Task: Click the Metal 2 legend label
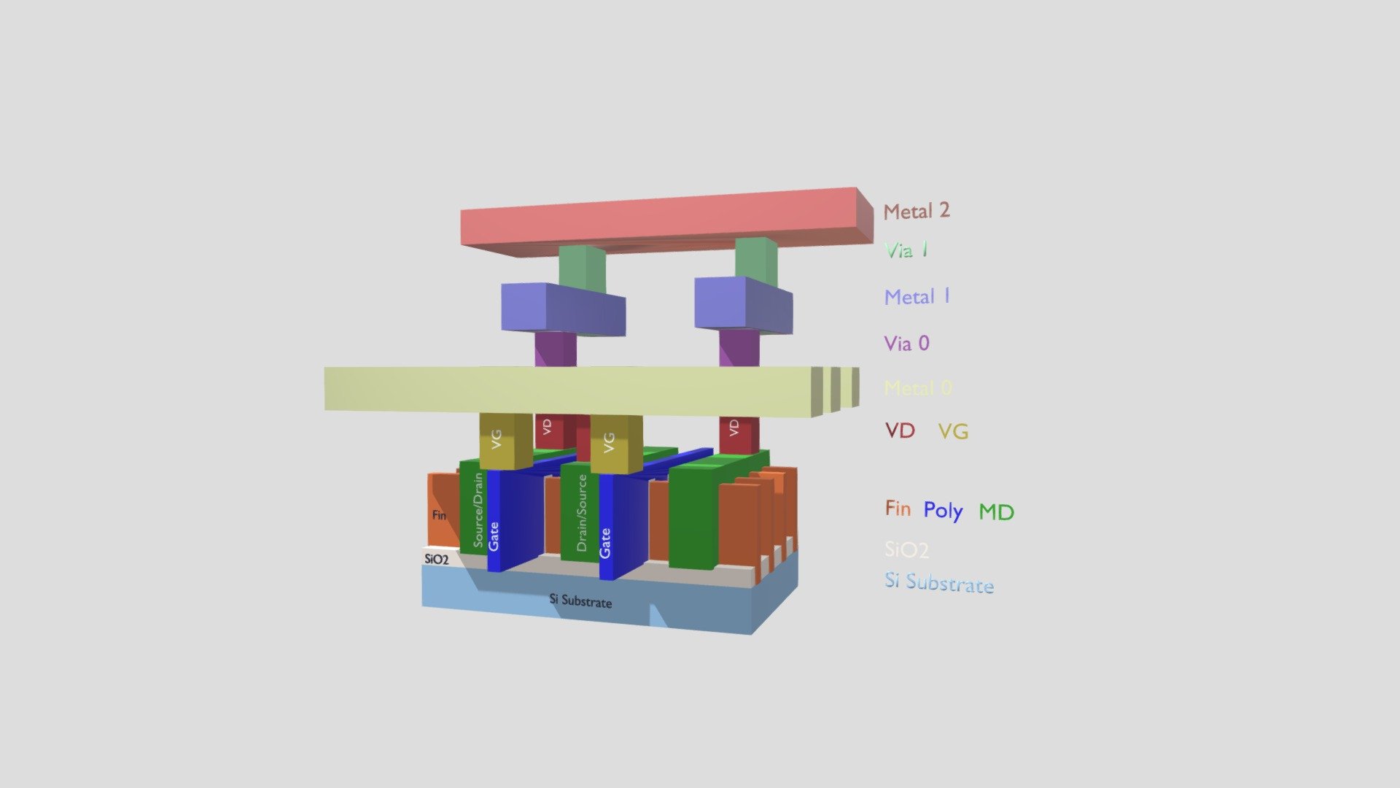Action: [x=916, y=212]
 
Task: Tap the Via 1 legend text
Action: [x=906, y=250]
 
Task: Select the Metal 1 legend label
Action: [x=917, y=297]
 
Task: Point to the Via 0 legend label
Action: [x=906, y=344]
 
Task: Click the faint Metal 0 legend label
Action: [x=918, y=388]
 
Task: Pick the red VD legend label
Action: [x=900, y=430]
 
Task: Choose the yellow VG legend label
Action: [x=953, y=432]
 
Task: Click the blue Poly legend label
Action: [x=943, y=510]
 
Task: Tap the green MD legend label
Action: [x=996, y=512]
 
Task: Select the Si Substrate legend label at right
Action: [x=939, y=583]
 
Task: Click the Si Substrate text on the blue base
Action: [x=580, y=601]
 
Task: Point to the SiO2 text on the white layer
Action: [x=436, y=560]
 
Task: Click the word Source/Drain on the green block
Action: [x=478, y=509]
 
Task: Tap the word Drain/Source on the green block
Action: [x=582, y=513]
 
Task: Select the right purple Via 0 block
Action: [x=739, y=348]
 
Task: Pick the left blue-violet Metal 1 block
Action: [x=561, y=309]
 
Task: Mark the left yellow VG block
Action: [x=505, y=441]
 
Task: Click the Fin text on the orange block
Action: [x=439, y=515]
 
